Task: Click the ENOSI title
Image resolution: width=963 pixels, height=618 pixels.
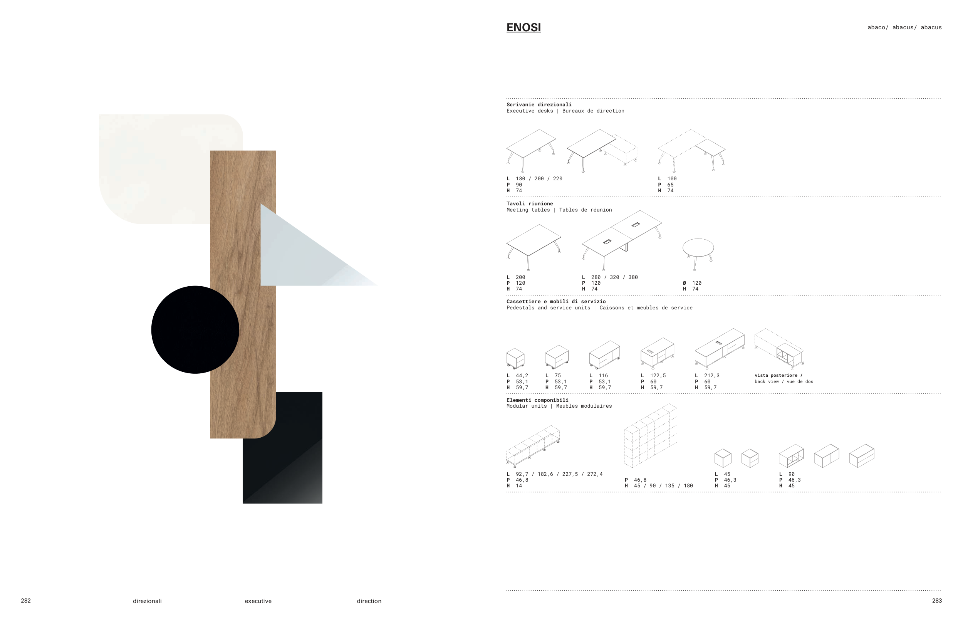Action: [x=523, y=27]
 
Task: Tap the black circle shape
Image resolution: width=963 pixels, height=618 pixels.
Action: [x=195, y=329]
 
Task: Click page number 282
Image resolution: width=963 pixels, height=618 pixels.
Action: [x=26, y=600]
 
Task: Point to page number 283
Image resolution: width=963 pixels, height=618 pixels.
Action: [x=937, y=600]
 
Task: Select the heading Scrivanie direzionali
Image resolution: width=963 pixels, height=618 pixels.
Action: [x=539, y=105]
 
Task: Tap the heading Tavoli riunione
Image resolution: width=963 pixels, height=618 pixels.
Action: [x=529, y=203]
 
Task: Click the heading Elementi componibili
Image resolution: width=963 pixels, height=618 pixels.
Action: [x=537, y=400]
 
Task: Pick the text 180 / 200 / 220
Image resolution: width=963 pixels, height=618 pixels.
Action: [x=539, y=178]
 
